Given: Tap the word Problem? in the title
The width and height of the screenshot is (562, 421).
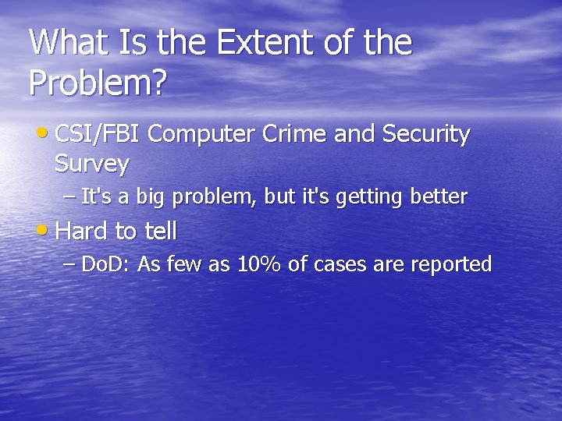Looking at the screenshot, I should pos(98,82).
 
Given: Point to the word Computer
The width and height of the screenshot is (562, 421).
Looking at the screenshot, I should pos(200,135).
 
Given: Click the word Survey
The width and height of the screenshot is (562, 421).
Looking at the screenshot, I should pos(92,165).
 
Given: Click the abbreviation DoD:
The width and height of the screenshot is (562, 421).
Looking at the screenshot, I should pos(106,265).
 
